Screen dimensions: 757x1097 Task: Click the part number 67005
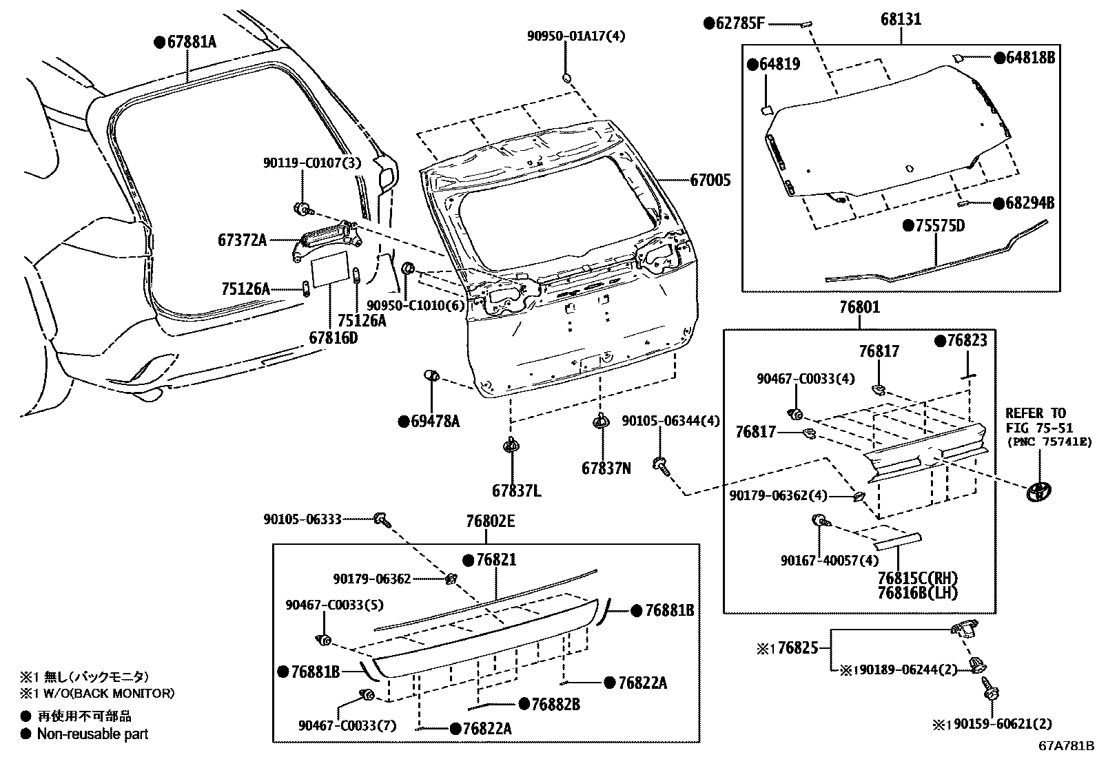[710, 180]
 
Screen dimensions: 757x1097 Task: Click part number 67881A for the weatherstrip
[191, 42]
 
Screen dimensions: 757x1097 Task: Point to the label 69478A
[433, 421]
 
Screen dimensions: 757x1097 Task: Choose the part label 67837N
[606, 468]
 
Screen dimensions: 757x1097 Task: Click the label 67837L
[516, 491]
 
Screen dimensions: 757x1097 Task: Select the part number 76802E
[490, 521]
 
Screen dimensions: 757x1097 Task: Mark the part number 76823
[966, 340]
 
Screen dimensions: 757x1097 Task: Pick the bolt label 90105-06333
[302, 519]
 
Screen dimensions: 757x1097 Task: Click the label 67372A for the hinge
[242, 240]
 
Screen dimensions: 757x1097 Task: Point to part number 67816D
[334, 338]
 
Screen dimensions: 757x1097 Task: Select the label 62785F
[739, 23]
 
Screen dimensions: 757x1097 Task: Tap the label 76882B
[554, 704]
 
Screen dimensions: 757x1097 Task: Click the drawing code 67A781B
[1067, 746]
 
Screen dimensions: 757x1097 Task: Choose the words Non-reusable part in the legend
[92, 734]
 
